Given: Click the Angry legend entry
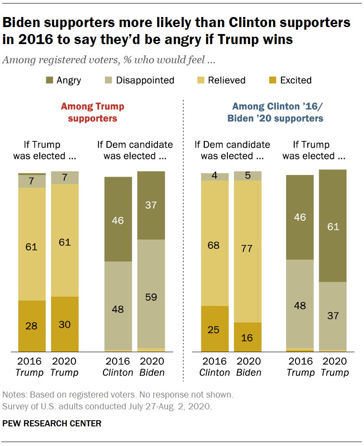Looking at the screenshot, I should tap(63, 80).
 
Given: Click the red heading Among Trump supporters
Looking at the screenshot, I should tap(92, 112).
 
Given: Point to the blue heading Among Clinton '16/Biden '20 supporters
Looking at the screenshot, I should tap(278, 112).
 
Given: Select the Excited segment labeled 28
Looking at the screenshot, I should tap(31, 326).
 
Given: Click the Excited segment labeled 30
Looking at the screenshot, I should tap(65, 324).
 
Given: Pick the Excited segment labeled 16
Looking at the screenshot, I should tap(247, 337).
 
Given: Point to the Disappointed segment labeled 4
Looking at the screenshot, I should tap(215, 176).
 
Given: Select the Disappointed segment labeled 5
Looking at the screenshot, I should tap(247, 175).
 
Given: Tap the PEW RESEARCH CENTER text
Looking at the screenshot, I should tap(52, 423).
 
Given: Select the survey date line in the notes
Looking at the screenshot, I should tap(107, 407).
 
